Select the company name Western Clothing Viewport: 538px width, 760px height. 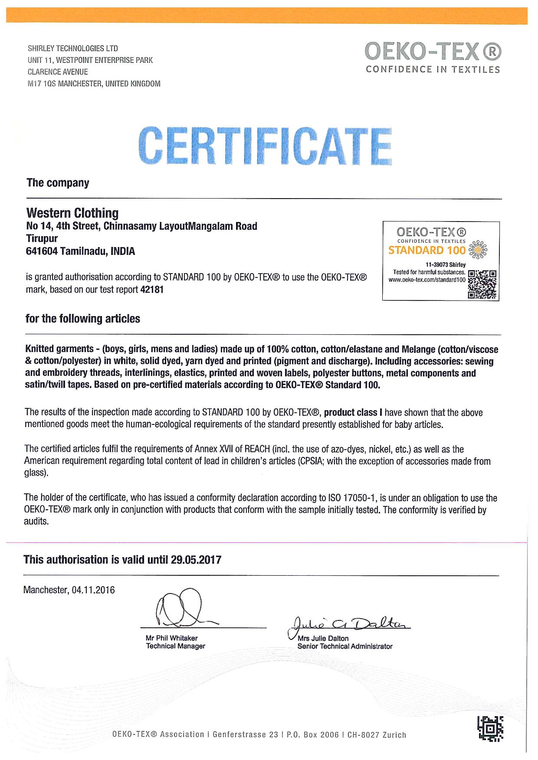point(72,213)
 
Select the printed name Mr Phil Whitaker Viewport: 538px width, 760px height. point(172,638)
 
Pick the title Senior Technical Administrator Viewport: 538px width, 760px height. point(345,646)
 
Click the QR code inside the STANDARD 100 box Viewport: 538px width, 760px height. point(483,284)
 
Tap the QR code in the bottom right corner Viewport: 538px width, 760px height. point(490,729)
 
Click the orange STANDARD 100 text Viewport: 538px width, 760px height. point(427,250)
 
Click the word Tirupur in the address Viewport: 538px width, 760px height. point(42,238)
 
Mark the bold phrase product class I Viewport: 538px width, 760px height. point(356,412)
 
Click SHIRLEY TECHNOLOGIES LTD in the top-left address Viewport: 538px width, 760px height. point(73,48)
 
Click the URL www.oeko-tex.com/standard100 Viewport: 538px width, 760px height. point(427,280)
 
